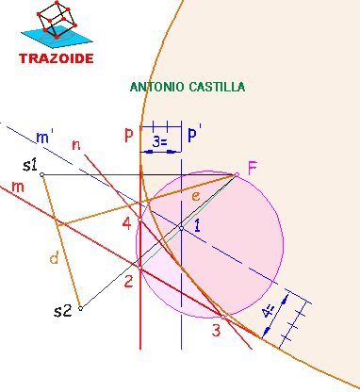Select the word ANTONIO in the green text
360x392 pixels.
[x=157, y=87]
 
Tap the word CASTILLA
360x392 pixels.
[x=216, y=87]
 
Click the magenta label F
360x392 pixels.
[x=252, y=169]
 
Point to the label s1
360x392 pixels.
[x=29, y=166]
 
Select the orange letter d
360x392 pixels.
[x=54, y=258]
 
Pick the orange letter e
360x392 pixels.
[x=195, y=196]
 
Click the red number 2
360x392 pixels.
[x=129, y=280]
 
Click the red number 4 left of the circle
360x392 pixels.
[x=127, y=224]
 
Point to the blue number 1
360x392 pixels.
[x=198, y=225]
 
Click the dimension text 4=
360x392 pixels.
[x=270, y=312]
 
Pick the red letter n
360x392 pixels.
[x=76, y=144]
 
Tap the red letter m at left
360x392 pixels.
[x=17, y=187]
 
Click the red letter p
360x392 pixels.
[x=128, y=135]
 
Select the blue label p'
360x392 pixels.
[x=194, y=135]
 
